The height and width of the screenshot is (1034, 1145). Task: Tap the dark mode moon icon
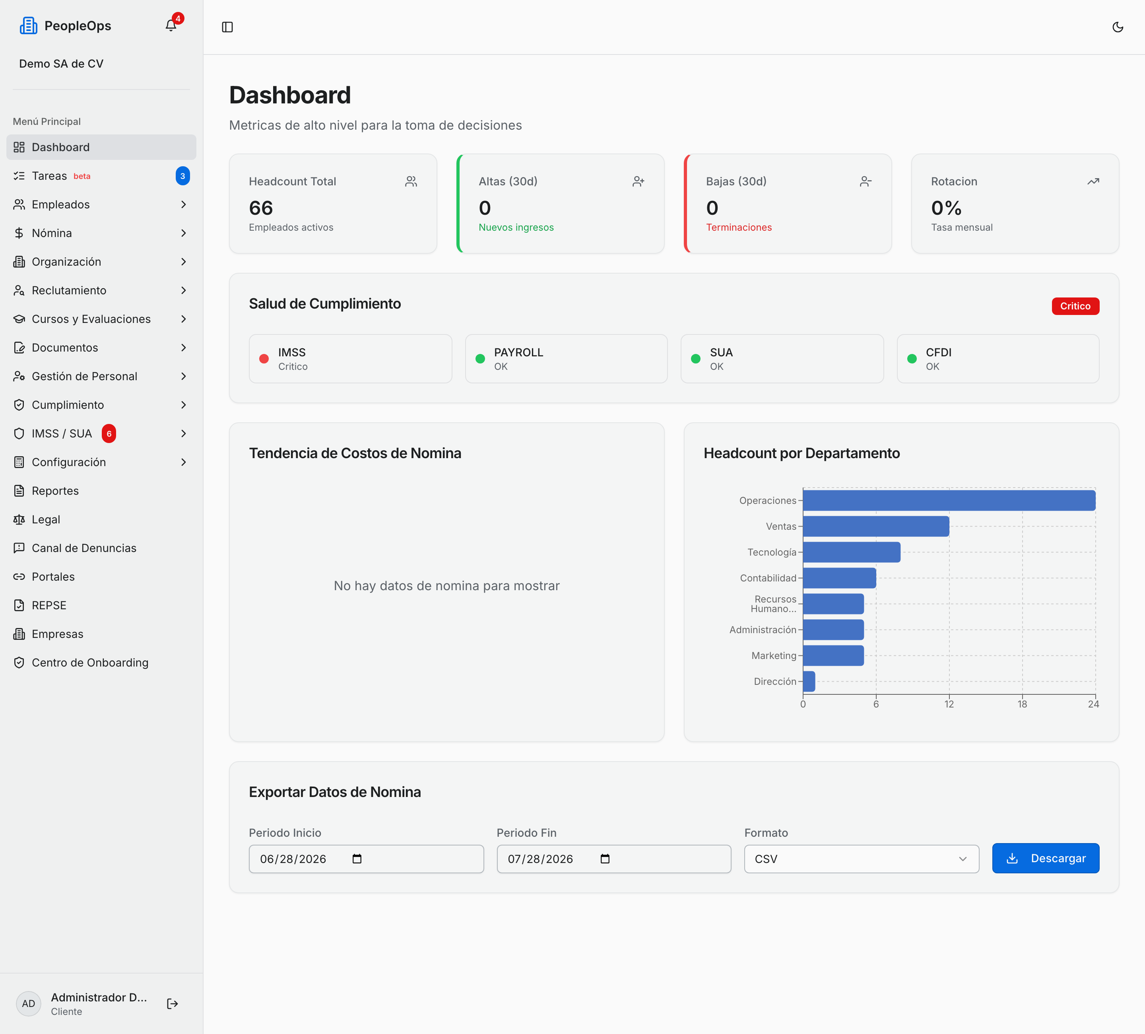coord(1117,27)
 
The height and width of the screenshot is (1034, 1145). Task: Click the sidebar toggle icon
coord(227,27)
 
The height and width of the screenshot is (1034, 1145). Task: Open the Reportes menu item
coord(55,491)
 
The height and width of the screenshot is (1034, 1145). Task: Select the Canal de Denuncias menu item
coord(84,548)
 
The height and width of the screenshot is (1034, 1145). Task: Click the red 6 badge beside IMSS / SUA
coord(109,433)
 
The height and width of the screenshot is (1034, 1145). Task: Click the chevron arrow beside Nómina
coord(183,233)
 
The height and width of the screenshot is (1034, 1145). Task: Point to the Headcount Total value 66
coord(261,208)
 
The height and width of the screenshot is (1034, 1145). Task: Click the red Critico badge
coord(1075,306)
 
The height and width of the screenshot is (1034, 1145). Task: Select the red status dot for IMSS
coord(264,358)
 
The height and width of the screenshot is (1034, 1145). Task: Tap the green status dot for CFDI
coord(912,358)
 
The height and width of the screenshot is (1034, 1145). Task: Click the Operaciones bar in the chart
coord(949,501)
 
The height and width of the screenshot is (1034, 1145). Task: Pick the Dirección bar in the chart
coord(809,681)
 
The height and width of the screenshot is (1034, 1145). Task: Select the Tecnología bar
coord(851,552)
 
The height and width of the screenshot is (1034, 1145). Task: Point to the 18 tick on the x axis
coord(1022,704)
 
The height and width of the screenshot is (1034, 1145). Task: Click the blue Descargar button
coord(1046,859)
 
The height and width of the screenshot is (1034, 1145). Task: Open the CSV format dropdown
coord(862,859)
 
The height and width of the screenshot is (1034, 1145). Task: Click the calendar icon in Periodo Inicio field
coord(357,859)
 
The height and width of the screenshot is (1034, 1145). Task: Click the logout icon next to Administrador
coord(173,1004)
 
